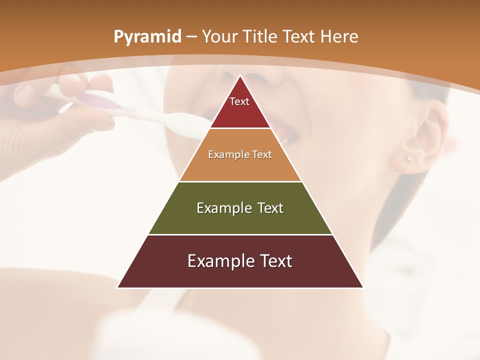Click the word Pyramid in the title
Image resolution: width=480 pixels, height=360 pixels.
[x=147, y=37]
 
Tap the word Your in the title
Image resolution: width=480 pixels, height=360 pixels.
[x=218, y=36]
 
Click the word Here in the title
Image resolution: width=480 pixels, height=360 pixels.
[x=339, y=36]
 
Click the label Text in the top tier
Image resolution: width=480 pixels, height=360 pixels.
[x=239, y=101]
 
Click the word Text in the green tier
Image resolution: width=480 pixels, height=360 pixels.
[x=271, y=208]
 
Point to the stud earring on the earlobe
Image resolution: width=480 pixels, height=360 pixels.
[x=408, y=159]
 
